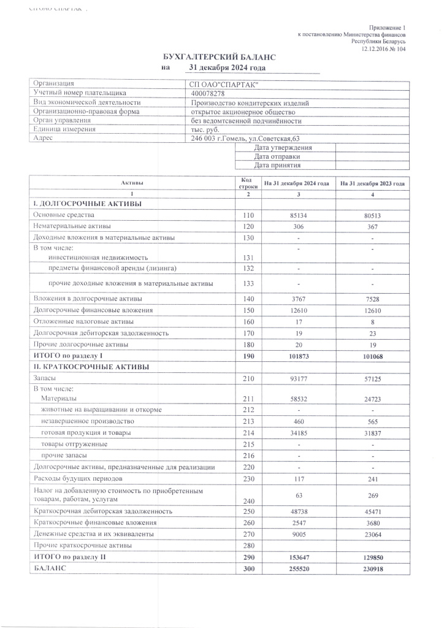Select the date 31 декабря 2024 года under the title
[x=227, y=68]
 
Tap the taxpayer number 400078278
[x=208, y=93]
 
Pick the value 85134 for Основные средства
[x=297, y=215]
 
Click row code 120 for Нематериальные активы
[x=248, y=226]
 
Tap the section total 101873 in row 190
[x=297, y=355]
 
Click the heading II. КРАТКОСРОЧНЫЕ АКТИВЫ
[x=91, y=367]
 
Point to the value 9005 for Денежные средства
[x=297, y=534]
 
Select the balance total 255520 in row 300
[x=297, y=569]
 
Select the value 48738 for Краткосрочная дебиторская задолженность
[x=297, y=511]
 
